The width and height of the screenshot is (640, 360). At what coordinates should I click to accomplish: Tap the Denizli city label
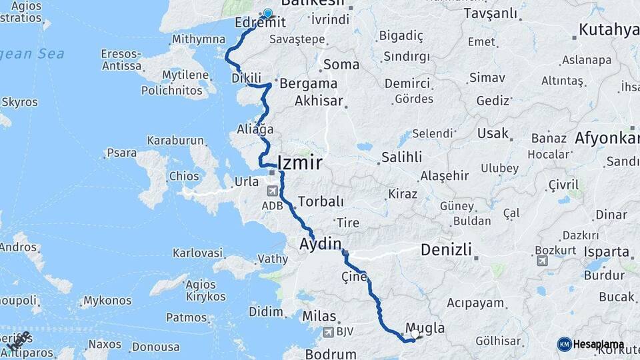coord(446,251)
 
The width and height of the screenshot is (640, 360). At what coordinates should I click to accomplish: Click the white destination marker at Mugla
coord(415,333)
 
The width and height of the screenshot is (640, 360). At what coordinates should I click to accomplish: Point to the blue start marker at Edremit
coord(268,13)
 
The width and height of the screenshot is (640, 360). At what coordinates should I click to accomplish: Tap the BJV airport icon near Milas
coord(328,332)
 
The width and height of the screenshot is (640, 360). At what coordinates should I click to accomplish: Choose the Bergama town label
coord(309,84)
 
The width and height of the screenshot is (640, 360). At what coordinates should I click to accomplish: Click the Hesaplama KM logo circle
coord(564,344)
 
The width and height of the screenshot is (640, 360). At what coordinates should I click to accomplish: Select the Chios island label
coord(185,176)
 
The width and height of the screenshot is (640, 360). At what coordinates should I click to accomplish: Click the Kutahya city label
coord(604,29)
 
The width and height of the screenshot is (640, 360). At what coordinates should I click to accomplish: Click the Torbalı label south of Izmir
coord(321,201)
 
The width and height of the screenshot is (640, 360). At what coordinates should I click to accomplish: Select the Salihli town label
coord(401,157)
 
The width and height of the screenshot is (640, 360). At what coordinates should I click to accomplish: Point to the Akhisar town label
coord(319,101)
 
